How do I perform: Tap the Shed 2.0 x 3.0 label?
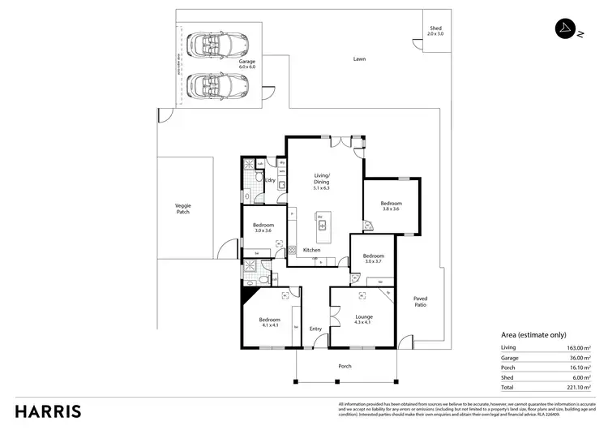tap(436, 32)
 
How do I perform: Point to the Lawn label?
tap(358, 59)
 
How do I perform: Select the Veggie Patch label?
tap(182, 209)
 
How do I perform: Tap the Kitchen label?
tap(312, 250)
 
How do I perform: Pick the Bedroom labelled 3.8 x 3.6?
tap(391, 205)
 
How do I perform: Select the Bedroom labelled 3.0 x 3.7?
tap(372, 259)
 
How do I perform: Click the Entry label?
tap(315, 329)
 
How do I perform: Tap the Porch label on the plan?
tap(345, 366)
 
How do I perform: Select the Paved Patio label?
tap(420, 302)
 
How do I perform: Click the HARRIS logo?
tap(48, 411)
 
